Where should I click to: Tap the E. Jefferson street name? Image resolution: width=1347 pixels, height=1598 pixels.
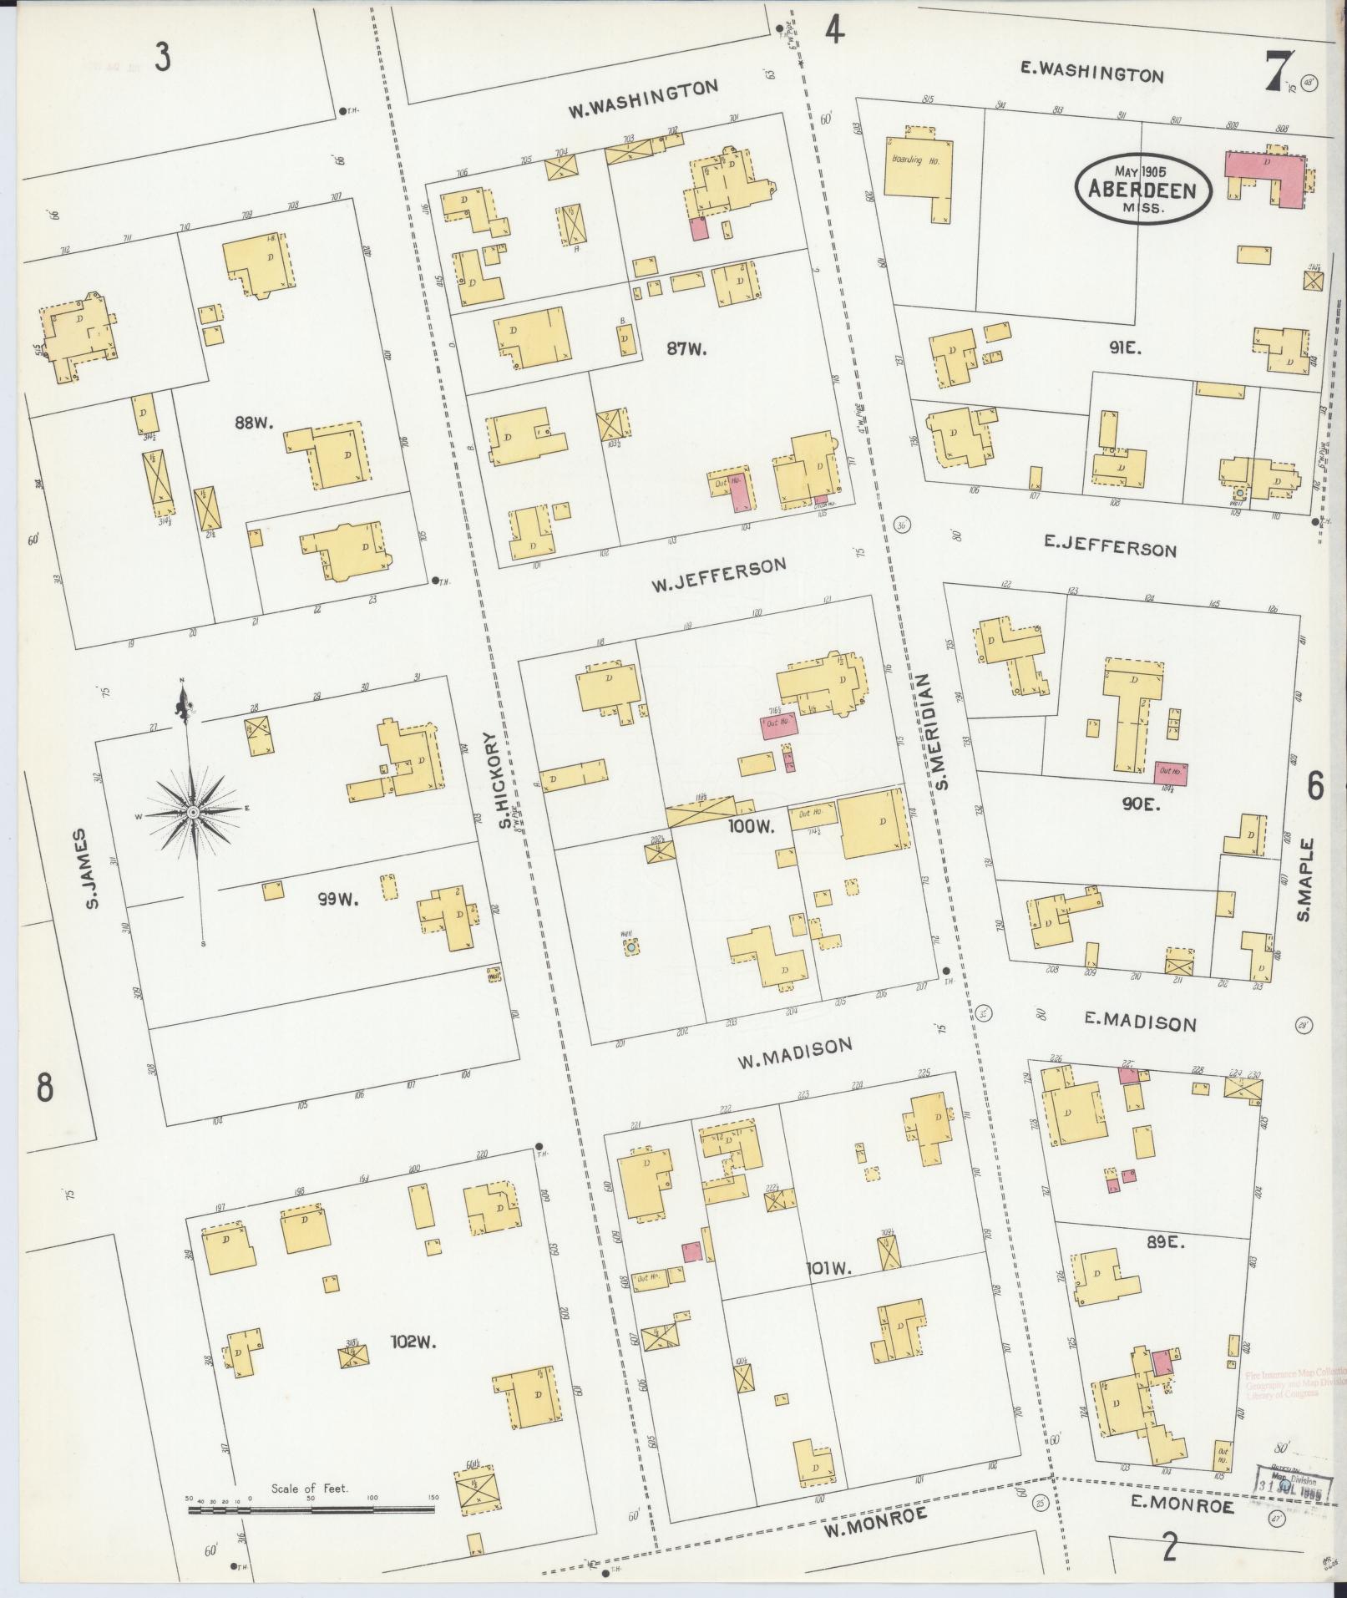(1110, 546)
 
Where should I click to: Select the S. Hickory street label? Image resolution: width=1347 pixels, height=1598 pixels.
(507, 781)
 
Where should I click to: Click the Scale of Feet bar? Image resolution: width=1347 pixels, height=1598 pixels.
(312, 1510)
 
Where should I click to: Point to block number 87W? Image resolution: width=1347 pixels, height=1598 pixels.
(686, 349)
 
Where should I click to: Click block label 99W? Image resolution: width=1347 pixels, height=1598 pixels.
(337, 900)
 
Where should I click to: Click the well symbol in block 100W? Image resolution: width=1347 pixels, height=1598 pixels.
(632, 946)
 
